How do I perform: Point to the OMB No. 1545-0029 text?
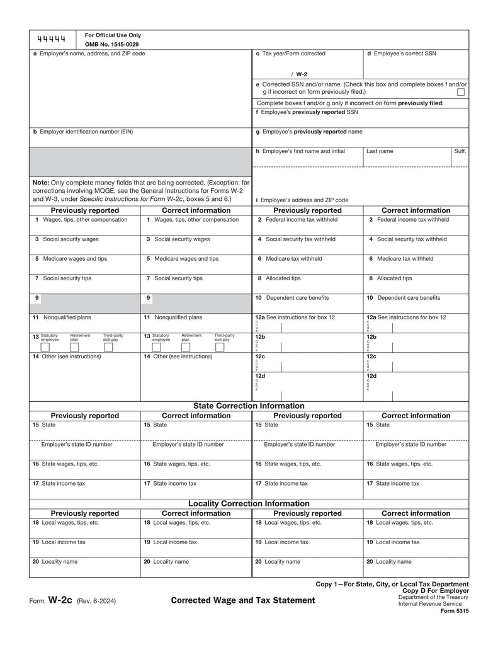112,45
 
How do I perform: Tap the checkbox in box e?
461,92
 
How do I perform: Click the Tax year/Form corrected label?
290,54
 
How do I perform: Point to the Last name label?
380,151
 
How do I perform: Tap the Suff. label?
460,151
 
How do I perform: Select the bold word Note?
41,183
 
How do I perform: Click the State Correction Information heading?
249,406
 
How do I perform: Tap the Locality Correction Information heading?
249,503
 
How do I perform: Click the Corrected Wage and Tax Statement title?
243,600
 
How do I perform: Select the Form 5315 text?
455,611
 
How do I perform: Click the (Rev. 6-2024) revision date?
96,601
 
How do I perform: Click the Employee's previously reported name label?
308,132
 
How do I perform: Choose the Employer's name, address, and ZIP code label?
89,54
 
